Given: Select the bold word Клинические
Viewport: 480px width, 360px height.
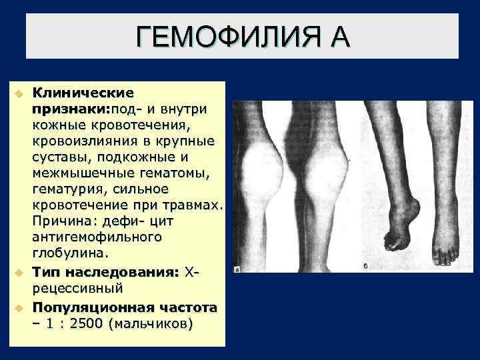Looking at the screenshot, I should click(x=83, y=93).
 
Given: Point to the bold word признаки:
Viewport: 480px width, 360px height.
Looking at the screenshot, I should click(x=72, y=108).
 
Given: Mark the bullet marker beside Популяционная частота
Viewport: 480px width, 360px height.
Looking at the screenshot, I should click(x=21, y=308).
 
